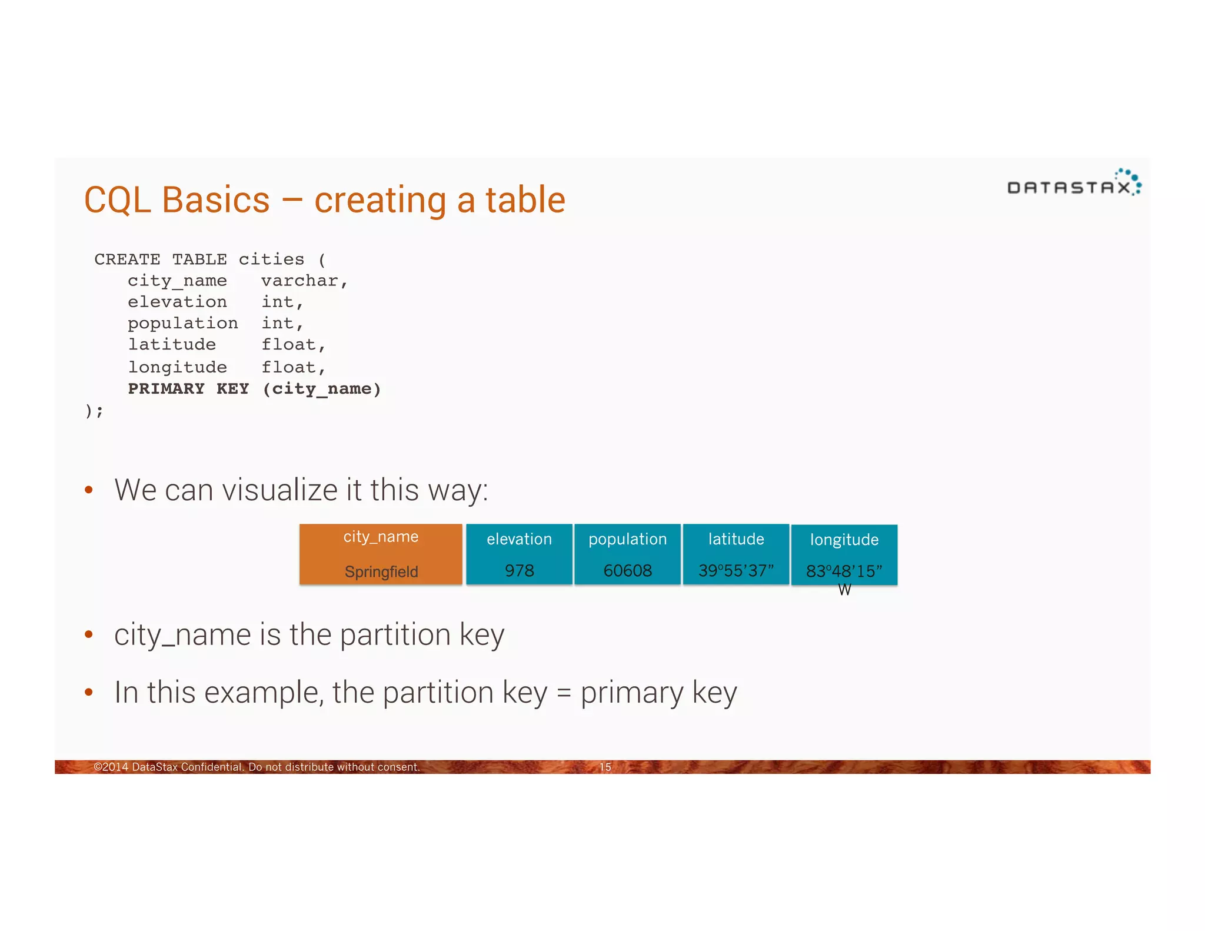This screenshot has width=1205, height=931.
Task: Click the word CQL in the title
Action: pos(117,200)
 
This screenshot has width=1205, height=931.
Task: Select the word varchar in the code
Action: pos(299,281)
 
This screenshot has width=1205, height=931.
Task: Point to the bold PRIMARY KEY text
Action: pos(188,388)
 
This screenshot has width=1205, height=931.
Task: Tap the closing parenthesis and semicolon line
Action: pos(94,410)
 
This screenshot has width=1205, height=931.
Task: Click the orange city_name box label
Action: pos(381,537)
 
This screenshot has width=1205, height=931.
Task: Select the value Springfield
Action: pos(381,571)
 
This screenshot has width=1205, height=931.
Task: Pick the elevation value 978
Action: pos(519,570)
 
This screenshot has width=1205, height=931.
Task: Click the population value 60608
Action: pos(627,570)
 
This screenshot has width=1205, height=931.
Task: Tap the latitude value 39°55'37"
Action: pos(735,570)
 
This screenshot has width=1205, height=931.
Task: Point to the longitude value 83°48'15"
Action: pos(844,571)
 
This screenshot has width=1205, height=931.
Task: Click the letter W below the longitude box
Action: pos(844,590)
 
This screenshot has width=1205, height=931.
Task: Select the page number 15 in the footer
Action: pos(605,767)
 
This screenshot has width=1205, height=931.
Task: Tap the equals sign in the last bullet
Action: pos(564,693)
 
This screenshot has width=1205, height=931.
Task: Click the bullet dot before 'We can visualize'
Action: pos(89,490)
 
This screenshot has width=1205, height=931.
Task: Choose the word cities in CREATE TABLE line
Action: pos(271,259)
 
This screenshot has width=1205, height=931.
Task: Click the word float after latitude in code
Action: pos(288,344)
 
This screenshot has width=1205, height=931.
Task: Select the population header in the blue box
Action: pos(627,539)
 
